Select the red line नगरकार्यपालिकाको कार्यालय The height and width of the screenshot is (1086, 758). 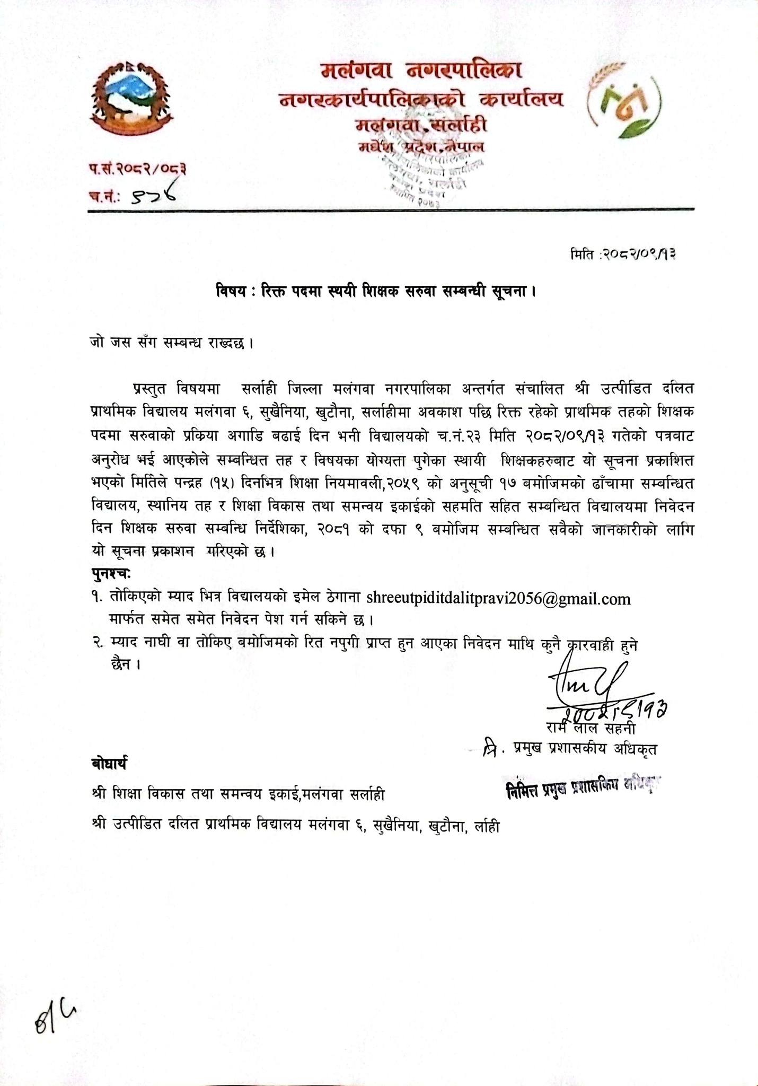(x=421, y=99)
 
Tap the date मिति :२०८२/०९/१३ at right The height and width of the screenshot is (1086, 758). (x=624, y=255)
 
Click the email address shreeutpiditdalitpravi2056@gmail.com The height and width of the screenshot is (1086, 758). (x=498, y=599)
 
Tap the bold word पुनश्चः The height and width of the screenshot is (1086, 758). (x=111, y=574)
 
